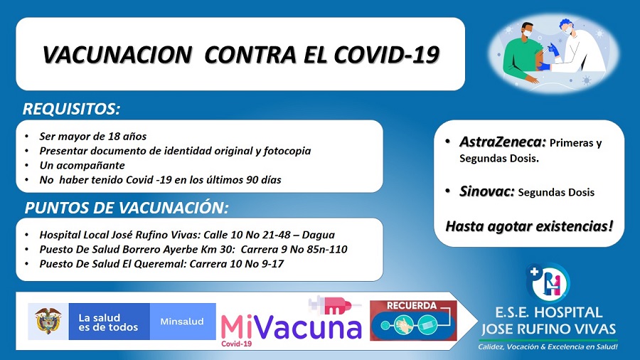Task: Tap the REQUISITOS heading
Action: coord(71,109)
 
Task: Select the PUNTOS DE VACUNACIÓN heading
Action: coord(127,208)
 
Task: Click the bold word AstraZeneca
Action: coord(503,142)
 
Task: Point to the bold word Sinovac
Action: coord(486,191)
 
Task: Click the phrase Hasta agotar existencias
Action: coord(529,226)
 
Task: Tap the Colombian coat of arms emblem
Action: coord(48,321)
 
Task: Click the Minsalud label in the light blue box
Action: coord(182,322)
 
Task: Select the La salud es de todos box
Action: coord(109,322)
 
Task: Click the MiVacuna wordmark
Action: coord(291,327)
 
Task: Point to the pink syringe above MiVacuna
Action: coord(334,305)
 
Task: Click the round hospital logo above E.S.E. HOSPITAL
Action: coord(548,282)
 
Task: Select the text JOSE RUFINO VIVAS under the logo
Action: coord(548,329)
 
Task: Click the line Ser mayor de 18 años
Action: coord(92,137)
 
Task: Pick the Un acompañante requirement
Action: coord(82,165)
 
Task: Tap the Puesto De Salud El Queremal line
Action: coord(161,264)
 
